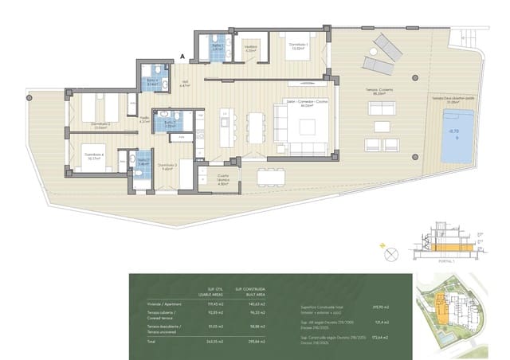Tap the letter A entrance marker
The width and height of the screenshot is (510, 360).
pos(182,57)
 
